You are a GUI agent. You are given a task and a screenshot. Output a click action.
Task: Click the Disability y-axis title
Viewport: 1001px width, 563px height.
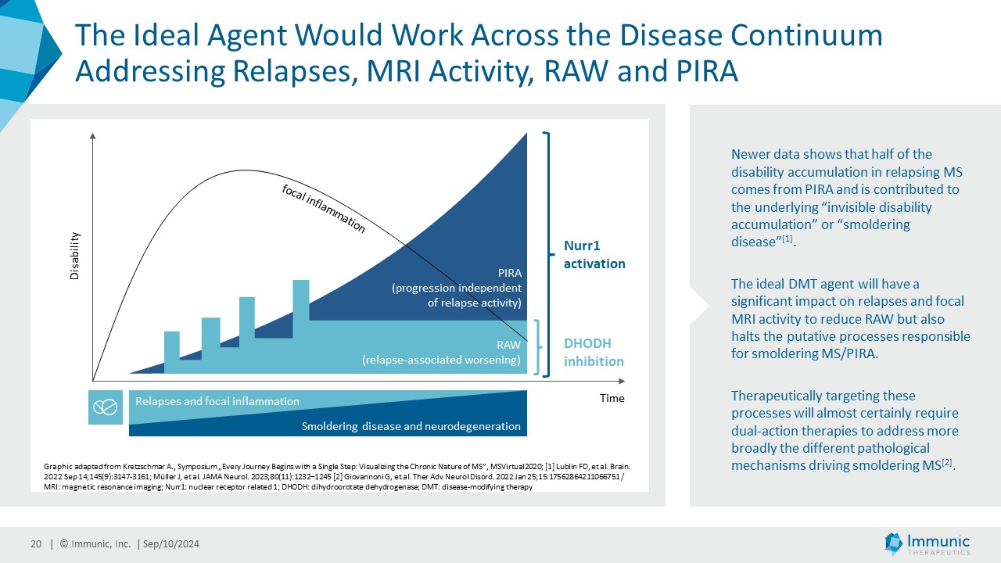pos(74,256)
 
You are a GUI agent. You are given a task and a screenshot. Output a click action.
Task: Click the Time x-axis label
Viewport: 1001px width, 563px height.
pos(612,398)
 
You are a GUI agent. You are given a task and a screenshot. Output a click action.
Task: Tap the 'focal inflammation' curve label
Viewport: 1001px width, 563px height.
pos(324,209)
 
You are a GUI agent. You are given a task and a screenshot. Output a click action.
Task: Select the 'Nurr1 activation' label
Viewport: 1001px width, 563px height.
pos(594,255)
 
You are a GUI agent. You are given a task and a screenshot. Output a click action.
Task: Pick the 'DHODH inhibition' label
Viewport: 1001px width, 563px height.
pos(594,352)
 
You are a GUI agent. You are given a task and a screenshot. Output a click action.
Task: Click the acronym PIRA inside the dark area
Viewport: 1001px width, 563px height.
pos(510,273)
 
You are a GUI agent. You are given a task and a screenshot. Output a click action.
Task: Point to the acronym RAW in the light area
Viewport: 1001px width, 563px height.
pos(508,345)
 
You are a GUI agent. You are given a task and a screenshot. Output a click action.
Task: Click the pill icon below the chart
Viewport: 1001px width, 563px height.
pos(106,407)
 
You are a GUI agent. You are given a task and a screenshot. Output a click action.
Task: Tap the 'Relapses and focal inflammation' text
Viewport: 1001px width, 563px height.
pos(217,401)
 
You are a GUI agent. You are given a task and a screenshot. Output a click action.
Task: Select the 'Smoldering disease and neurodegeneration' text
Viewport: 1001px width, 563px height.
pos(411,426)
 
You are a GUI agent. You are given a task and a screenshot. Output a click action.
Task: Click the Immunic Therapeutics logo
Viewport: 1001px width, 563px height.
pos(927,543)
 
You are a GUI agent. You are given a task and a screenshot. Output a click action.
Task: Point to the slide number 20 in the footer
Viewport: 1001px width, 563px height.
pos(36,543)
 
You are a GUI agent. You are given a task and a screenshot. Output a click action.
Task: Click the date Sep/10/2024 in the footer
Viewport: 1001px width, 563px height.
pos(171,543)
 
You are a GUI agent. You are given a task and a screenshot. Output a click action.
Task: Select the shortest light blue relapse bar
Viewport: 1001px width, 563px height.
pos(172,352)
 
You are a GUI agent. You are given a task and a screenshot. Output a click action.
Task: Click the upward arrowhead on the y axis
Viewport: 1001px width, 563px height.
pos(92,136)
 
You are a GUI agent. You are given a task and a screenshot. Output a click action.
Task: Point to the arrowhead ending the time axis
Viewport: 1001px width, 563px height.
pos(622,381)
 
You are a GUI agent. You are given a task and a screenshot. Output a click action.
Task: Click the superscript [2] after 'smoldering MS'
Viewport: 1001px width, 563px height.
pos(948,462)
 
